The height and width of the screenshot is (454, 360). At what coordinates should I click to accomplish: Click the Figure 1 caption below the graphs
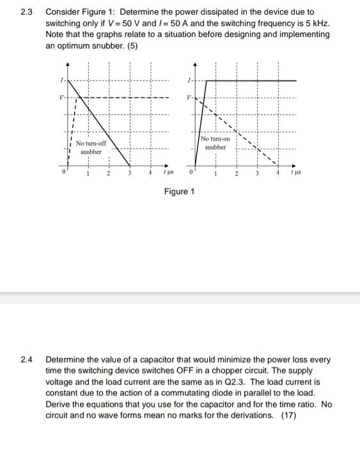pos(180,191)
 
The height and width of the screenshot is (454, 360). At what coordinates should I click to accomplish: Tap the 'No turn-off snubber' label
pos(91,148)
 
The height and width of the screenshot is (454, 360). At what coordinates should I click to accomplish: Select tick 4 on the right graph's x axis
pos(278,173)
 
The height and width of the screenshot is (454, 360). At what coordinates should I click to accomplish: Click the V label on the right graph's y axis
pos(189,97)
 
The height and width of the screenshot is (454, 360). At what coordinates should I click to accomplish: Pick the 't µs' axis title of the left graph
pos(168,174)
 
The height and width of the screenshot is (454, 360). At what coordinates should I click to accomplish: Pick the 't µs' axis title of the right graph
pos(296,173)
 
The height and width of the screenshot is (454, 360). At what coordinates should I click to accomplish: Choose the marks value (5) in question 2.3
pos(132,45)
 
